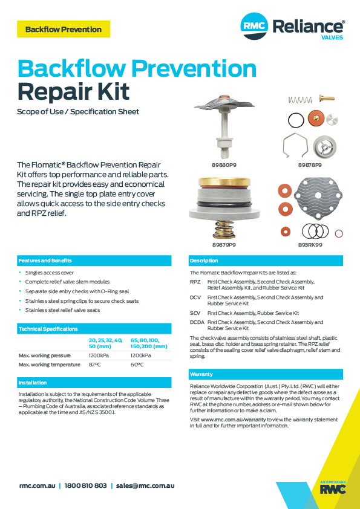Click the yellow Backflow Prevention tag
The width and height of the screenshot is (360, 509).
pos(64,29)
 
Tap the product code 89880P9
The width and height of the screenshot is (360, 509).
pos(223,164)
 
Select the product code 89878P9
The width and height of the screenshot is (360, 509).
pos(309,164)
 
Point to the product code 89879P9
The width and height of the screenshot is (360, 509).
pos(223,245)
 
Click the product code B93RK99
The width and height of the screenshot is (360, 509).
pos(310,245)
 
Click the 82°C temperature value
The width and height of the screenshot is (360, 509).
pos(94,365)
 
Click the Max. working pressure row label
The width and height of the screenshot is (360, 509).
pos(45,355)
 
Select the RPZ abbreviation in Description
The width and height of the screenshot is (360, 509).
pos(195,282)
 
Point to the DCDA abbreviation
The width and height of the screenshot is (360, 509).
pos(197,323)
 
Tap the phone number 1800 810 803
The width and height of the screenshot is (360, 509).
pos(85,485)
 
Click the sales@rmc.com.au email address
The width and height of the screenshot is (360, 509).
pos(145,485)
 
